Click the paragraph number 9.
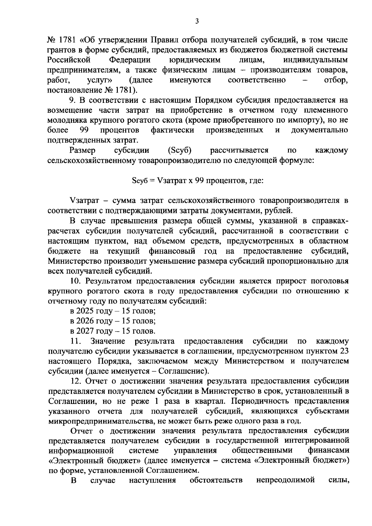72,100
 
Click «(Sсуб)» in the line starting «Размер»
179,151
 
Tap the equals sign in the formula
152,181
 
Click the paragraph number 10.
76,281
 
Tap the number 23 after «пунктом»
344,351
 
